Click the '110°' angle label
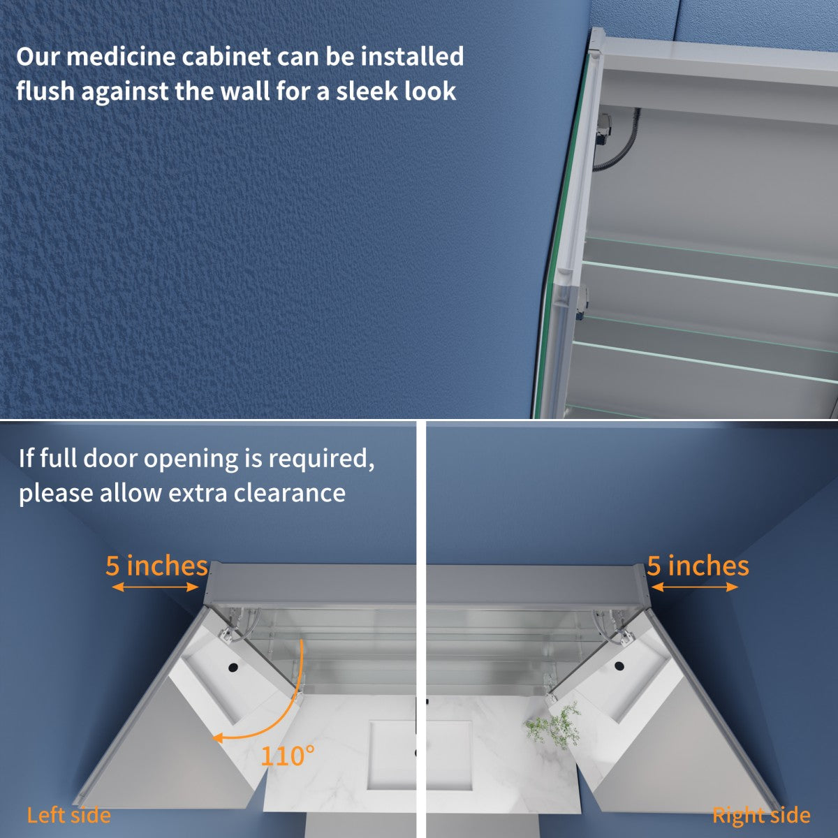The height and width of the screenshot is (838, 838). pos(288,755)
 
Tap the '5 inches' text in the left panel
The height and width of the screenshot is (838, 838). pos(156,566)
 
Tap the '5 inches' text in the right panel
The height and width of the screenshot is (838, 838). pos(698,566)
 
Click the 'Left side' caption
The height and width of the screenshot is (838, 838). pos(68,815)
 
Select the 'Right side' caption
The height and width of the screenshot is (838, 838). pos(761,815)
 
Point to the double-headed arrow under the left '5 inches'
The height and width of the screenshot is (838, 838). pos(156,588)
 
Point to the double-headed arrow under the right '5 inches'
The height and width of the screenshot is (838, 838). pos(694,588)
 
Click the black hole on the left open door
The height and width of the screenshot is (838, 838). pos(231,669)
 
